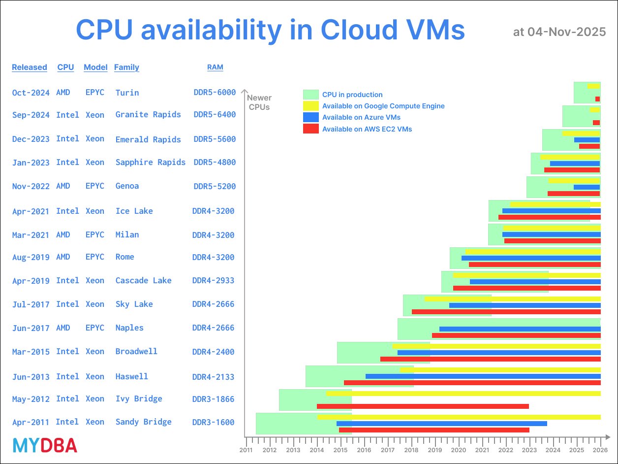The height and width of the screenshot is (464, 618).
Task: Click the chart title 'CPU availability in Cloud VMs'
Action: tap(270, 30)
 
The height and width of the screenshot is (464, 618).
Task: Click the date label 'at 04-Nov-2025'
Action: tap(559, 32)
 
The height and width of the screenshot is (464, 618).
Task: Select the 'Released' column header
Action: tap(30, 67)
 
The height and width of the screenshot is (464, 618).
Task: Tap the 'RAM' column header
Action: tap(215, 67)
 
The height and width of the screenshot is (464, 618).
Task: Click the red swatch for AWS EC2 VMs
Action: tap(311, 129)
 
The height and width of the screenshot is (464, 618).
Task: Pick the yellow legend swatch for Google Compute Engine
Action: tap(311, 106)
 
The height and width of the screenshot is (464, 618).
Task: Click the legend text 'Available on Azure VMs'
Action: tap(361, 117)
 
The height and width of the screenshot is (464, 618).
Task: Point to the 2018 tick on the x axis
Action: tap(411, 450)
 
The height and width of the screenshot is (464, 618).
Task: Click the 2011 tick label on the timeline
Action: tap(246, 450)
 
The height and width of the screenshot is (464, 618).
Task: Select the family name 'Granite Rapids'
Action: tap(148, 115)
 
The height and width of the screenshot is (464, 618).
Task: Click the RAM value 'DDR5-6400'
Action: tap(215, 115)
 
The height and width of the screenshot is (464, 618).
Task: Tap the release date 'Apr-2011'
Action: tap(31, 422)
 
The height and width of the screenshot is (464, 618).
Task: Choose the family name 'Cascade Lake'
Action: tap(143, 281)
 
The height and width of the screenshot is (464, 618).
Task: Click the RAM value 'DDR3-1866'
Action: tap(213, 399)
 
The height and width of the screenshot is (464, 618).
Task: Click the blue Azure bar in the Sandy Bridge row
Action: tap(441, 424)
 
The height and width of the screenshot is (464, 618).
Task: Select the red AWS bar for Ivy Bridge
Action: tap(423, 406)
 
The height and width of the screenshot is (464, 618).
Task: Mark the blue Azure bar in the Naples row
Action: tap(520, 329)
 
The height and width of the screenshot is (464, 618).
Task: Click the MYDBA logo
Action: tap(45, 446)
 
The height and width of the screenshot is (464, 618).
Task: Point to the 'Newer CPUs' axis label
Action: tap(259, 102)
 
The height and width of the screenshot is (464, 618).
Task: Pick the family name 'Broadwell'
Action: tap(136, 352)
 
